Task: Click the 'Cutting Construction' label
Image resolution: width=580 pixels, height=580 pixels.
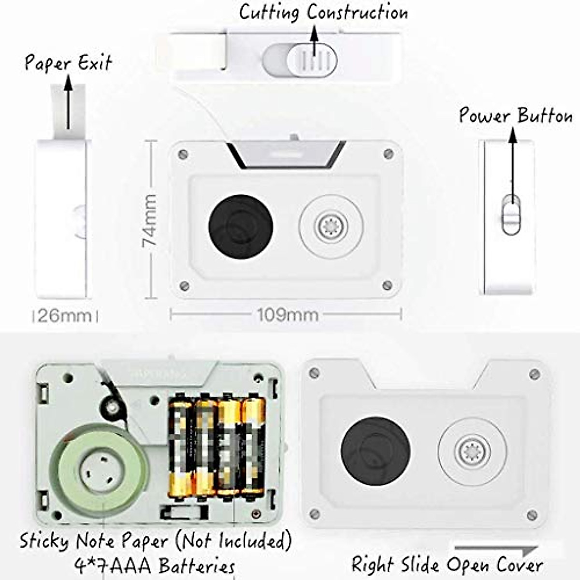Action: tap(323, 12)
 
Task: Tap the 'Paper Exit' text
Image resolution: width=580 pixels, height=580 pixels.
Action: tap(68, 63)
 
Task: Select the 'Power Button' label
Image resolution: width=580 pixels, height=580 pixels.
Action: tap(515, 116)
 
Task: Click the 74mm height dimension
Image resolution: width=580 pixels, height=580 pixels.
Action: tap(150, 220)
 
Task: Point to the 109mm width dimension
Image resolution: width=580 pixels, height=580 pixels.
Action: tap(287, 315)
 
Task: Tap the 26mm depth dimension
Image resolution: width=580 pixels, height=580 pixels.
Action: tap(64, 316)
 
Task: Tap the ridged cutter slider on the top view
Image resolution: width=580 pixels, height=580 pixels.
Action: tap(312, 60)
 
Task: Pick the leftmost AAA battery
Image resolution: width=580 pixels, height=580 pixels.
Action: tap(179, 448)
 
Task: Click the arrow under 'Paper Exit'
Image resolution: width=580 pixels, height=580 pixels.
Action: tap(68, 104)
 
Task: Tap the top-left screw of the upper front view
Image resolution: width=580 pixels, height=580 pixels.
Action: tap(183, 155)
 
